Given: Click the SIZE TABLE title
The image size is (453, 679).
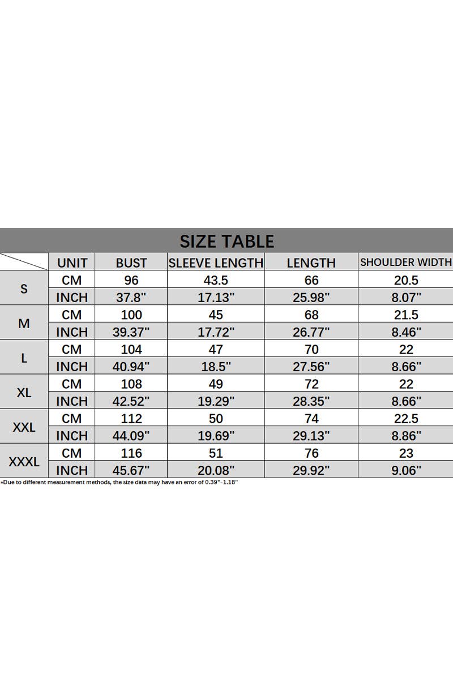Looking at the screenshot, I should coord(226,241).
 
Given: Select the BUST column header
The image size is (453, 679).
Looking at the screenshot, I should coord(131,263).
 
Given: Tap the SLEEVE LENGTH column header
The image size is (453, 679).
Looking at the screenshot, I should coord(216,263).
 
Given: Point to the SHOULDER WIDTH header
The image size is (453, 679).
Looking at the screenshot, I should coord(406,262).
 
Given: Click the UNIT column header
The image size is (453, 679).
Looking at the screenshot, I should coord(72,263).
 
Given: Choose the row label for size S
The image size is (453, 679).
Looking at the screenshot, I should coord(24,289).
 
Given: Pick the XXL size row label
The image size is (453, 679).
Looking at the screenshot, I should coord(24,427).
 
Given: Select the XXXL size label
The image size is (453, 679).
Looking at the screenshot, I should coord(24,462).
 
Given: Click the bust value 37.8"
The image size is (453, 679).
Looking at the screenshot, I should coord(131,297).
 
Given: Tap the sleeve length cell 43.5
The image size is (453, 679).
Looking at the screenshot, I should coord(216,280).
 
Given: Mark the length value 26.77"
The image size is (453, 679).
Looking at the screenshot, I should coord(311,332).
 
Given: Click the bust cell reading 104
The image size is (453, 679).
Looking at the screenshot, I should coord(131,349).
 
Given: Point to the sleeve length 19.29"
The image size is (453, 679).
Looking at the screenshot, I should coord(216,401).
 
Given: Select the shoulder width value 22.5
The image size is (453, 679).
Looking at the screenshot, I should coord(406,419).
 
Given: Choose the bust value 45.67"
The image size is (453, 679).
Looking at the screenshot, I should coord(131,470).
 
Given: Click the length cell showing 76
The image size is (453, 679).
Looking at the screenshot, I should coord(311,453).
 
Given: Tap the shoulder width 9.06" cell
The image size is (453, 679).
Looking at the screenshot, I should coord(406,470).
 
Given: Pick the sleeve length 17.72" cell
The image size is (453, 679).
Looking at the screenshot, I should coord(216,332).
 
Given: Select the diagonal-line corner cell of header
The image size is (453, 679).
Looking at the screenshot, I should coord(24,262).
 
